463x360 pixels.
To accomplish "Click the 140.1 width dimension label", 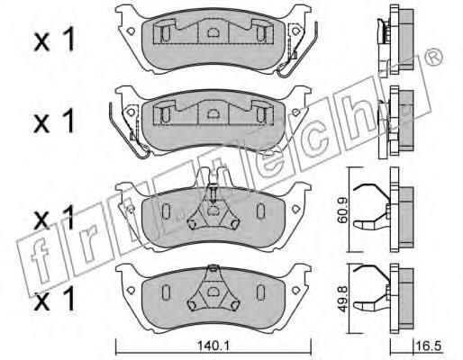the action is pyautogui.click(x=213, y=346).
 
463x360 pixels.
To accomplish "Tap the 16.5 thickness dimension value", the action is pyautogui.click(x=429, y=346).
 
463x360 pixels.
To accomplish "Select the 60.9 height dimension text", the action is pyautogui.click(x=342, y=210).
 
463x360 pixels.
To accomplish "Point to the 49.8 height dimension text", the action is pyautogui.click(x=342, y=299).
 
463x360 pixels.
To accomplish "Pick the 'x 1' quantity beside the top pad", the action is pyautogui.click(x=54, y=40).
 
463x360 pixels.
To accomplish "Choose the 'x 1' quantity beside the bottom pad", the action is pyautogui.click(x=54, y=299).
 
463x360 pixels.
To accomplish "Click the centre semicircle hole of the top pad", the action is pyautogui.click(x=213, y=32).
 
